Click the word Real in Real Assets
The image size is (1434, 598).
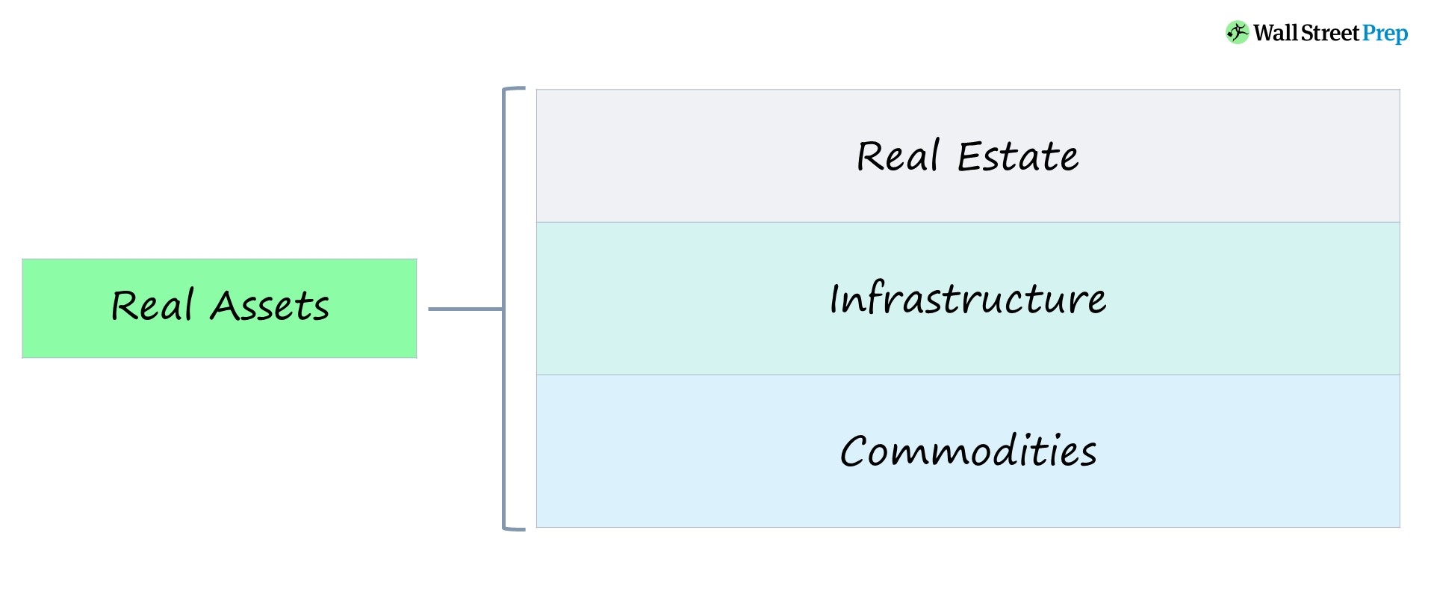152,306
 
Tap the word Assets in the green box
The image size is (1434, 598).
270,306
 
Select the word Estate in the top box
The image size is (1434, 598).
1017,157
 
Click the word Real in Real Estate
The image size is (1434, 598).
897,157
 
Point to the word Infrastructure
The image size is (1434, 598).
968,299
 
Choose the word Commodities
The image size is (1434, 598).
968,451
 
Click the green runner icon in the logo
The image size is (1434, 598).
1237,33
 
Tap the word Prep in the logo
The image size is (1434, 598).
1385,34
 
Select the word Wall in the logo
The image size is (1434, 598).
1275,33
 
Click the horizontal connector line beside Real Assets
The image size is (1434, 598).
465,309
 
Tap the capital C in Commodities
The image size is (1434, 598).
853,452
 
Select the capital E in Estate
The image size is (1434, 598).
969,157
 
